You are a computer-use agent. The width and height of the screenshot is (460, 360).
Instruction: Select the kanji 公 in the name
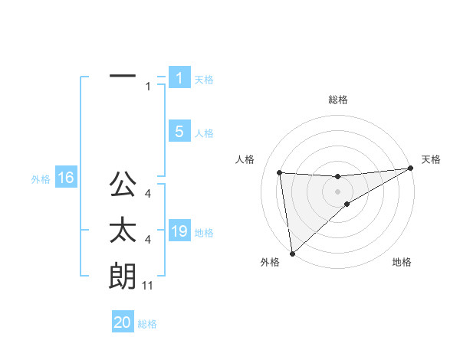point(123,185)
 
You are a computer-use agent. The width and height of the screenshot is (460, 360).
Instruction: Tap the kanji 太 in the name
point(123,231)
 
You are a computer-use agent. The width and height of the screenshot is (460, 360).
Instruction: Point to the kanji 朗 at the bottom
point(123,277)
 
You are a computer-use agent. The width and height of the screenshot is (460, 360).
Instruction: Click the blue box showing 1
point(179,78)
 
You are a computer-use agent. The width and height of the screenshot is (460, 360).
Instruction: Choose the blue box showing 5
point(179,132)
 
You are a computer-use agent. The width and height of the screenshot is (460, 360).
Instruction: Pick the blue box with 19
point(179,231)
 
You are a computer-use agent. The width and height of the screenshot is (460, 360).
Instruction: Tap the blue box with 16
point(65,178)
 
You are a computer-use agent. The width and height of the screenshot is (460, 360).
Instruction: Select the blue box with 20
point(123,322)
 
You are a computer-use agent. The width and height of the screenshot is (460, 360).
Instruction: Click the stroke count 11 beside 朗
point(148,286)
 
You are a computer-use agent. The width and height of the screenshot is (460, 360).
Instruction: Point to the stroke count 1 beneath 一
point(148,87)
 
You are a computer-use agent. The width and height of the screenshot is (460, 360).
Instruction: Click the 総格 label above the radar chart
point(337,100)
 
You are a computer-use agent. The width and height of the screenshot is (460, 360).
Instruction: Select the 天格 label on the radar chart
point(431,160)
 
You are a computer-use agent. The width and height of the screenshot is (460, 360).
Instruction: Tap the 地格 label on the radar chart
point(402,262)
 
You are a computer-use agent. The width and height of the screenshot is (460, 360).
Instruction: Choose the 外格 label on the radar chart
point(270,262)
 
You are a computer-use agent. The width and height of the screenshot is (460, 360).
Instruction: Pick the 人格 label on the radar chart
point(245,160)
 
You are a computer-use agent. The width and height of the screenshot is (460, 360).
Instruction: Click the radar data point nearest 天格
point(410,169)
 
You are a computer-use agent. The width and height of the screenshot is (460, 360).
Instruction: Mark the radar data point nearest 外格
point(292,253)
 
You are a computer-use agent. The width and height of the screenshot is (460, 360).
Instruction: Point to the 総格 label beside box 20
point(147,324)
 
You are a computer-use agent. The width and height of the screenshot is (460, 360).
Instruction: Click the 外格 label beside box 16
point(41,180)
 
